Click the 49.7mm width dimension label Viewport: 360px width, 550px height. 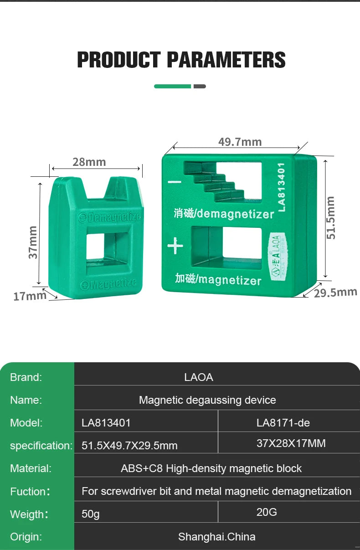(x=240, y=142)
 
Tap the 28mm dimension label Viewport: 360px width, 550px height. (x=89, y=162)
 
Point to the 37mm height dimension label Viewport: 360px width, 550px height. (x=33, y=242)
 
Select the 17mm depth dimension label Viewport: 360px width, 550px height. (x=30, y=296)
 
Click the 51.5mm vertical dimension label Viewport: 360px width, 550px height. (x=331, y=217)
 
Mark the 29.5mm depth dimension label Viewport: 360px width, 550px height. (x=335, y=292)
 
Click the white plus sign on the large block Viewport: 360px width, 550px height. (x=175, y=247)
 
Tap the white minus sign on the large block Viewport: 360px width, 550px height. (x=175, y=182)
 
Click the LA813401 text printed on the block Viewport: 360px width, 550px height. (x=281, y=187)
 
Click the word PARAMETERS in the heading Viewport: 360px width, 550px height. (x=226, y=60)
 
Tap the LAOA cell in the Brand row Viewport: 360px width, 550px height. (x=199, y=377)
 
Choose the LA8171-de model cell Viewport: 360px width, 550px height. (x=283, y=423)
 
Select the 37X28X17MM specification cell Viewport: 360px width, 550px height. (x=291, y=443)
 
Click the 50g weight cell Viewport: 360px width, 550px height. (x=91, y=514)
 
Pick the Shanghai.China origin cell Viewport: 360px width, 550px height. (x=216, y=537)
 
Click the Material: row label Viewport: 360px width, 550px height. (x=31, y=468)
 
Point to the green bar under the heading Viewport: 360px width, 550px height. (x=172, y=86)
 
